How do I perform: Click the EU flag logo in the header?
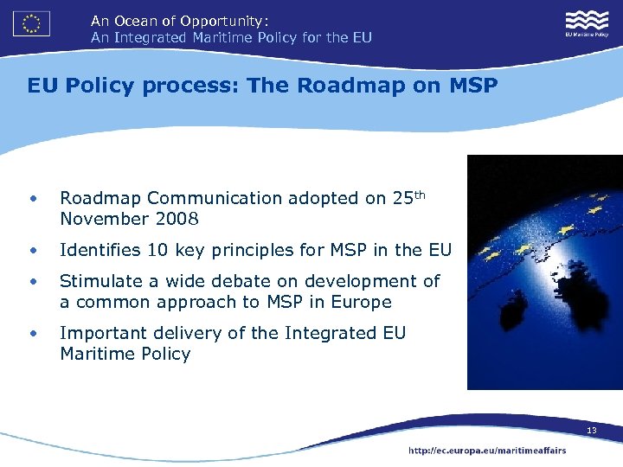[x=31, y=23]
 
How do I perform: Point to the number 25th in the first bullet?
[x=409, y=197]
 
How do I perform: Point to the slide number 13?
[x=592, y=430]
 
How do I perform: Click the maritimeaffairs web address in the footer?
[x=487, y=451]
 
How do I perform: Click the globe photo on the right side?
[x=544, y=272]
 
